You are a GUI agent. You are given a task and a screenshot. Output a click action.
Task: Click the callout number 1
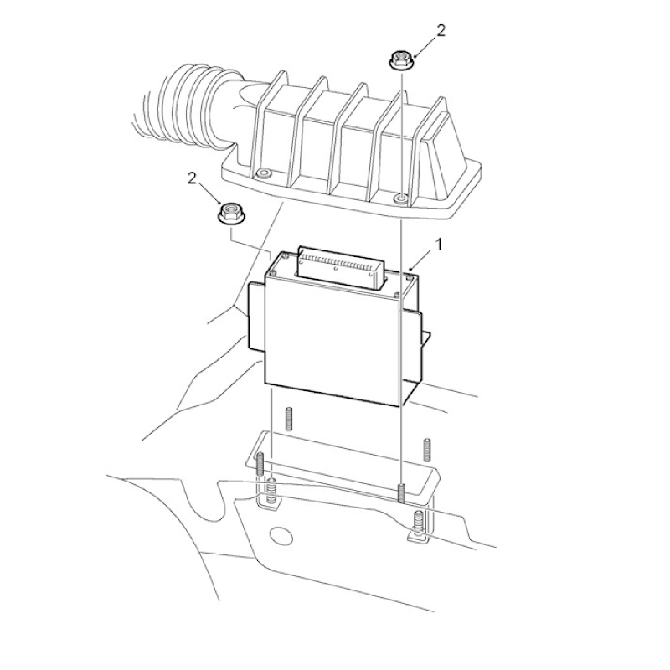coord(438,245)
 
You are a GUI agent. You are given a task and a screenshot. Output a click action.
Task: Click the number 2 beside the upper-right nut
coord(441,30)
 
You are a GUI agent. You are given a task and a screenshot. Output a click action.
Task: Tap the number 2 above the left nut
coord(193,178)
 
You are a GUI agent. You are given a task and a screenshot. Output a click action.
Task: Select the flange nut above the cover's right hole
coord(400,59)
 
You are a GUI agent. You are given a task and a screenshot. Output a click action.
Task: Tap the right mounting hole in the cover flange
coord(401,198)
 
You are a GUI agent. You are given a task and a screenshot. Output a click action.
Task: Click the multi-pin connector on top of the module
coord(340,267)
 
